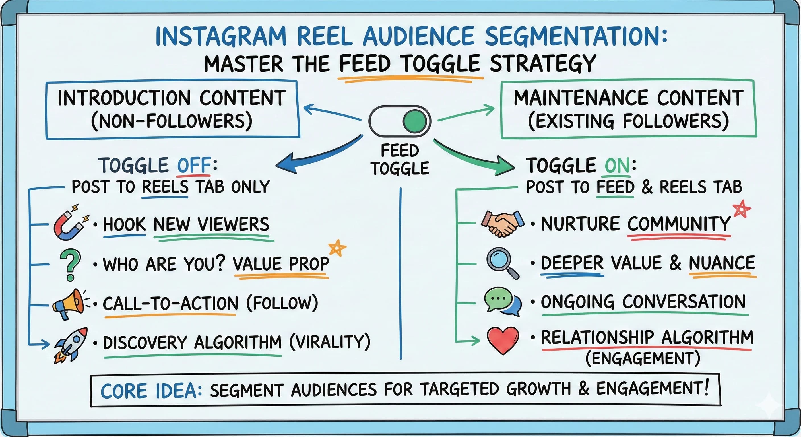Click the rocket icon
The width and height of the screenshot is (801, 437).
[x=71, y=344]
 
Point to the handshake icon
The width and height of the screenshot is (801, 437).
[x=502, y=224]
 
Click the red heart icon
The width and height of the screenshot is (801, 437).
[x=503, y=340]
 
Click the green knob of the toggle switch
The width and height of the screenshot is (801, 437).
[x=414, y=121]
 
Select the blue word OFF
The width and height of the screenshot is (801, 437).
[x=194, y=165]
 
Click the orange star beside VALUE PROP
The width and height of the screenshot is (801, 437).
[x=337, y=248]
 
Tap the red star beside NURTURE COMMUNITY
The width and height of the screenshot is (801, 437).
[x=742, y=209]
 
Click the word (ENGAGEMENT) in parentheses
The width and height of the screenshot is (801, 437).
[x=642, y=358]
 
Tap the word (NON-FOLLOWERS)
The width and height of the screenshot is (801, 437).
[x=172, y=121]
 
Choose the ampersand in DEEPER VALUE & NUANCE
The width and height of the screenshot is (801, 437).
[x=675, y=263]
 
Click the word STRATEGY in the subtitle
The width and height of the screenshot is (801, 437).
[x=543, y=64]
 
